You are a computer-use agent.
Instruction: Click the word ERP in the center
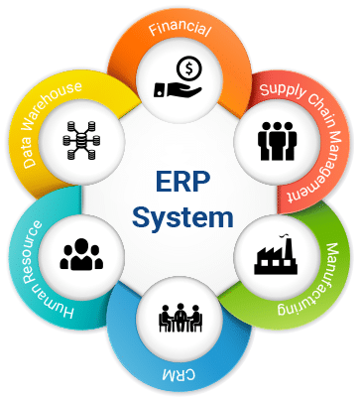pos(182,181)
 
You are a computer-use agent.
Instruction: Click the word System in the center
pos(182,217)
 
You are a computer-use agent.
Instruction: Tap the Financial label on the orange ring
pos(180,29)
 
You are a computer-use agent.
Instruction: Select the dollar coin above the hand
pos(188,68)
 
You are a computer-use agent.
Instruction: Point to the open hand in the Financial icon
pos(178,89)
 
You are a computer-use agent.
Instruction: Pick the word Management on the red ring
pos(318,165)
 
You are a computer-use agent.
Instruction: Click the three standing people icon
pos(277,141)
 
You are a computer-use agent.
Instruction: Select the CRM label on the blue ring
pos(179,374)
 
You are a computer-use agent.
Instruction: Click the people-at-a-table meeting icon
pos(180,318)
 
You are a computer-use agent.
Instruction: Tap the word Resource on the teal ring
pos(33,252)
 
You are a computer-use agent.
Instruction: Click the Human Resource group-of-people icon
pos(81,254)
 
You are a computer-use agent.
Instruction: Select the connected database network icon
pos(81,141)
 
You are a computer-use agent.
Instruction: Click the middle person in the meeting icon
pos(180,317)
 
